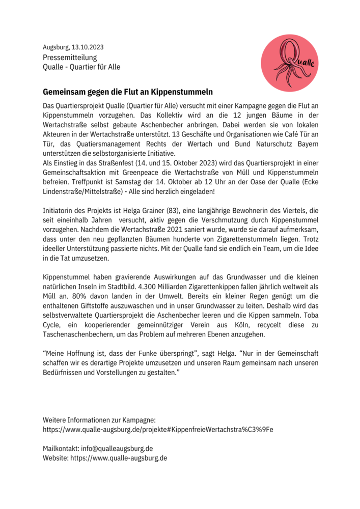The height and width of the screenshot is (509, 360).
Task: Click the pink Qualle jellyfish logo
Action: pyautogui.click(x=289, y=63)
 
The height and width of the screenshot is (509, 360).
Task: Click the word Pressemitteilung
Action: pyautogui.click(x=70, y=58)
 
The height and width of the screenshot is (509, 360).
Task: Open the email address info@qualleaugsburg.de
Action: pyautogui.click(x=117, y=448)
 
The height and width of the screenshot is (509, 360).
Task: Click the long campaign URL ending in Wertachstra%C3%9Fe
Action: pyautogui.click(x=158, y=429)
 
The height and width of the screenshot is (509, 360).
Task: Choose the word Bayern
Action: pyautogui.click(x=305, y=144)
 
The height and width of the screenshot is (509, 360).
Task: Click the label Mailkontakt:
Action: pyautogui.click(x=61, y=448)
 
